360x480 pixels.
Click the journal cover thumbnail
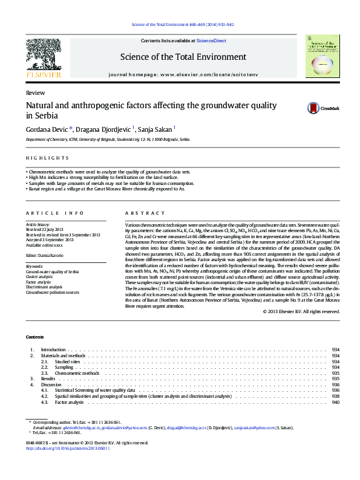coord(322,56)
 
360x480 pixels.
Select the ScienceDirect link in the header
coord(211,41)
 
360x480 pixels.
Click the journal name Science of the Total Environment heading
coord(183,57)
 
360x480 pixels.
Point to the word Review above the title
coord(34,94)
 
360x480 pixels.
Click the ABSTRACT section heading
coord(145,213)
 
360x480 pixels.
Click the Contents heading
coord(34,336)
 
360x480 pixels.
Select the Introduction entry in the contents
coord(53,350)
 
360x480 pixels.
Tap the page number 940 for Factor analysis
coord(335,402)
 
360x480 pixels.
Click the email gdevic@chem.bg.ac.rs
coord(64,427)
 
